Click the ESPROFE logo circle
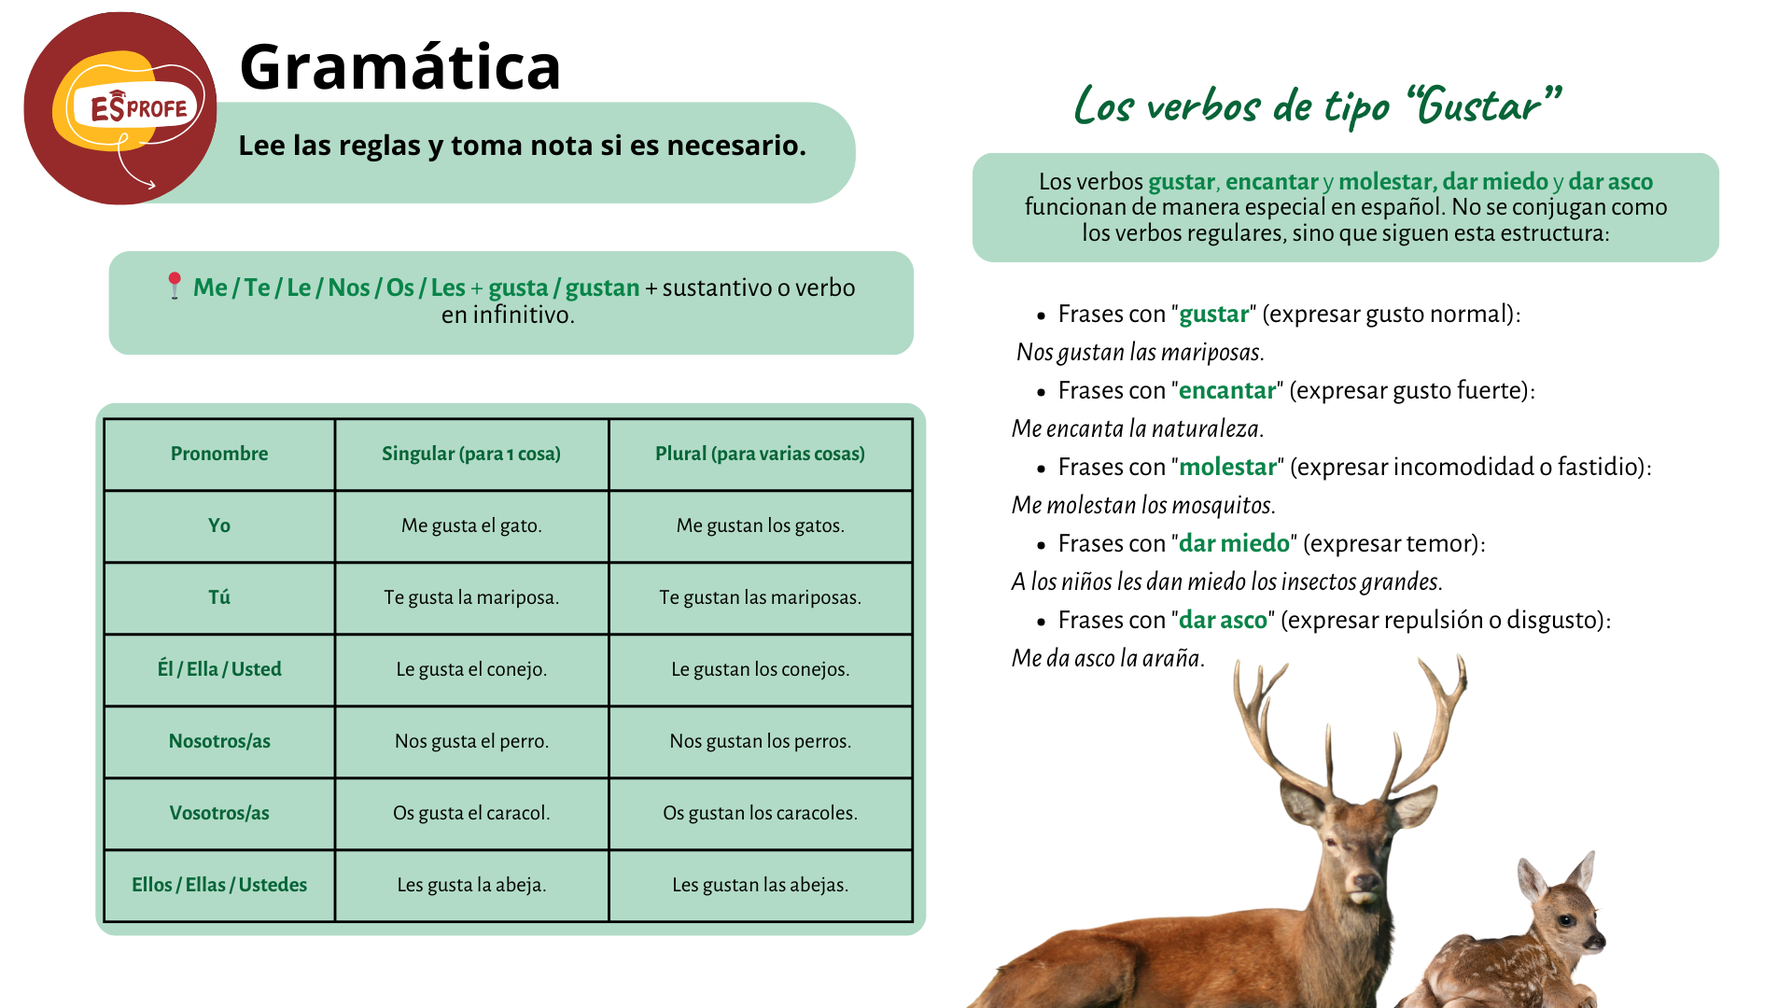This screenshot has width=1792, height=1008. pyautogui.click(x=120, y=108)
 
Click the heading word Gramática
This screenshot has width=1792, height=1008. pyautogui.click(x=400, y=67)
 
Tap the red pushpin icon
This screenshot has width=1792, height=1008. pyautogui.click(x=174, y=286)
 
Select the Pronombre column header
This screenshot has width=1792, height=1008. pyautogui.click(x=219, y=454)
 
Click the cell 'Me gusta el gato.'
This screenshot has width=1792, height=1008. pyautogui.click(x=471, y=525)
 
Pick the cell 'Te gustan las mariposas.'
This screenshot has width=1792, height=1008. pyautogui.click(x=760, y=597)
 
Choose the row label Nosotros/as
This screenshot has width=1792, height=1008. pyautogui.click(x=219, y=741)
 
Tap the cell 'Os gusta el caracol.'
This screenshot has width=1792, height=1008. pyautogui.click(x=471, y=813)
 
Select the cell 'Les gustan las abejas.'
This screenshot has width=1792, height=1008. pyautogui.click(x=760, y=885)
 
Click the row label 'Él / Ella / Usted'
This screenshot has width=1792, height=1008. pyautogui.click(x=219, y=669)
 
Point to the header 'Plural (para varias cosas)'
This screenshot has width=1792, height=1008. pyautogui.click(x=760, y=454)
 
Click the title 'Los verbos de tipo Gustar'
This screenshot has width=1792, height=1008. pyautogui.click(x=1317, y=105)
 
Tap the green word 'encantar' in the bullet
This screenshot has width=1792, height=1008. pyautogui.click(x=1227, y=390)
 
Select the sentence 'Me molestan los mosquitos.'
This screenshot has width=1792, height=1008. pyautogui.click(x=1143, y=505)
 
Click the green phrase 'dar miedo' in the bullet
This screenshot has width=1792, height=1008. pyautogui.click(x=1234, y=543)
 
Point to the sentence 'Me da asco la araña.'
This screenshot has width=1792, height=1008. pyautogui.click(x=1108, y=658)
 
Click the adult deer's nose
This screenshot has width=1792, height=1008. pyautogui.click(x=1365, y=881)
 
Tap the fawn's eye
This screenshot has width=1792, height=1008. pyautogui.click(x=1565, y=921)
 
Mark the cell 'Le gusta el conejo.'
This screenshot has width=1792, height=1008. pyautogui.click(x=471, y=669)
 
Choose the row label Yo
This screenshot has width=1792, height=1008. pyautogui.click(x=219, y=525)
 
